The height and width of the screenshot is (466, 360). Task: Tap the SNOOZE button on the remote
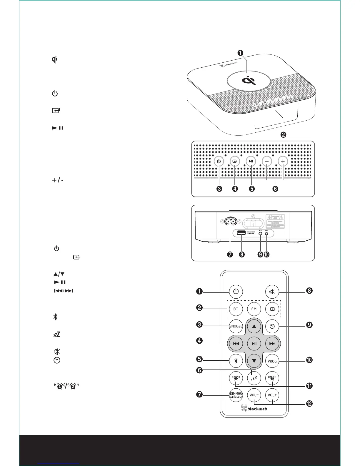click(236, 326)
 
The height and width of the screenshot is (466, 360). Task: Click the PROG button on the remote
click(272, 361)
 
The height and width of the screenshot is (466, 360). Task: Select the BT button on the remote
click(236, 309)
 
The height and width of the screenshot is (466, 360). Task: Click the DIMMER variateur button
click(236, 395)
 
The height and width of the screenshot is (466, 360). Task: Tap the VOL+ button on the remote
click(272, 395)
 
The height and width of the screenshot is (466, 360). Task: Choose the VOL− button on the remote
click(254, 395)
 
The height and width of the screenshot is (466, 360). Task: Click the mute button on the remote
click(272, 292)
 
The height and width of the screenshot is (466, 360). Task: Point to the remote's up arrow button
click(254, 326)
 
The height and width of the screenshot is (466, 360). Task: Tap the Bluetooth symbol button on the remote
click(236, 361)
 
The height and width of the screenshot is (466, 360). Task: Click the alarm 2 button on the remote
click(272, 378)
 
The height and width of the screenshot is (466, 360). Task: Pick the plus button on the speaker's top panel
click(283, 161)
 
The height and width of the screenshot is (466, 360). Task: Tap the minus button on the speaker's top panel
click(267, 161)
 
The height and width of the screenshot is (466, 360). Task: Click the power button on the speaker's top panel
click(219, 161)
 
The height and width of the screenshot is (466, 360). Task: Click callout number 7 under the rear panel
click(230, 254)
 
